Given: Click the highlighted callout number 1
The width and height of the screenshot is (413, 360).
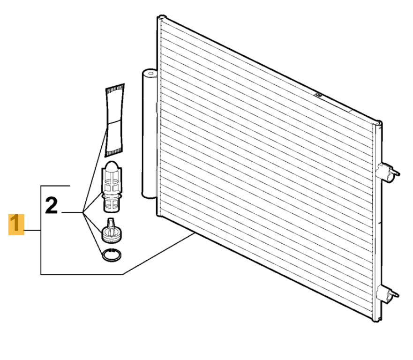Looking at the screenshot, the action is [x=16, y=225].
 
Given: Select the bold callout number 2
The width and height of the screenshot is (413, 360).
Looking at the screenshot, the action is [x=52, y=205].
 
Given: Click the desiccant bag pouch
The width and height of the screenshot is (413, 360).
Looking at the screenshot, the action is [x=114, y=120].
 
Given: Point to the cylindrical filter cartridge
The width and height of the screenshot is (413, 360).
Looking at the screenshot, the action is [x=112, y=187].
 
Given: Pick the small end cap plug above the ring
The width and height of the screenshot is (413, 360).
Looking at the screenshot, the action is [x=112, y=231].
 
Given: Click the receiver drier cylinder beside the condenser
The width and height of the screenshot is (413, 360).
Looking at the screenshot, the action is [x=150, y=134].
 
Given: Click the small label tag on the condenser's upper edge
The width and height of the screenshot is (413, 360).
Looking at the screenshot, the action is [x=318, y=95].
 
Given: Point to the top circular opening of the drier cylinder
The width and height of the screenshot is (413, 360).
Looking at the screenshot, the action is [x=150, y=73].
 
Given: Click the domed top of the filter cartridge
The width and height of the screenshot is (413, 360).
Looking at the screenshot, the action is [x=112, y=166].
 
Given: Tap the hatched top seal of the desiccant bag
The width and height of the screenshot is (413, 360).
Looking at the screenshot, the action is [x=115, y=89].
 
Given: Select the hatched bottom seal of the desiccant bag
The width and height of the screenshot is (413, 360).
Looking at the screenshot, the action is [x=114, y=153].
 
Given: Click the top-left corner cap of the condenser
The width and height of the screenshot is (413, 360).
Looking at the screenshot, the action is [x=162, y=17].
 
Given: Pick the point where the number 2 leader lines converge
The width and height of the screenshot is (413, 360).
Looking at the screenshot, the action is [x=83, y=212].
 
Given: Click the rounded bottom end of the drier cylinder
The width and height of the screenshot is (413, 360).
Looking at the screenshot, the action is [x=150, y=195].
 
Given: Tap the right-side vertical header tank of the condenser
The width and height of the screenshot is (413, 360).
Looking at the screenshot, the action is [x=377, y=221].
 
